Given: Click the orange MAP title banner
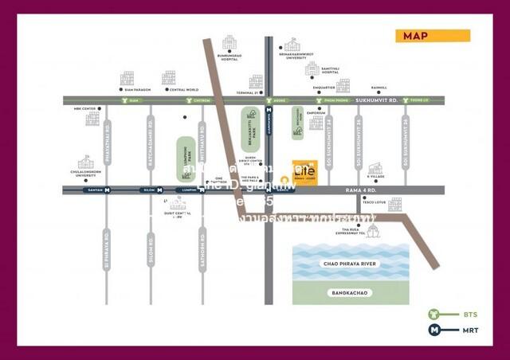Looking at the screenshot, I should (x=433, y=36).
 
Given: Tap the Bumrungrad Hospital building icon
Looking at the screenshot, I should (x=229, y=43).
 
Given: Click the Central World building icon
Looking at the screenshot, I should (x=169, y=77).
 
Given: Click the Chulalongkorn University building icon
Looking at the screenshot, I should (x=85, y=162).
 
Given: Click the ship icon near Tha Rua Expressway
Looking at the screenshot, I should (x=373, y=231).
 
